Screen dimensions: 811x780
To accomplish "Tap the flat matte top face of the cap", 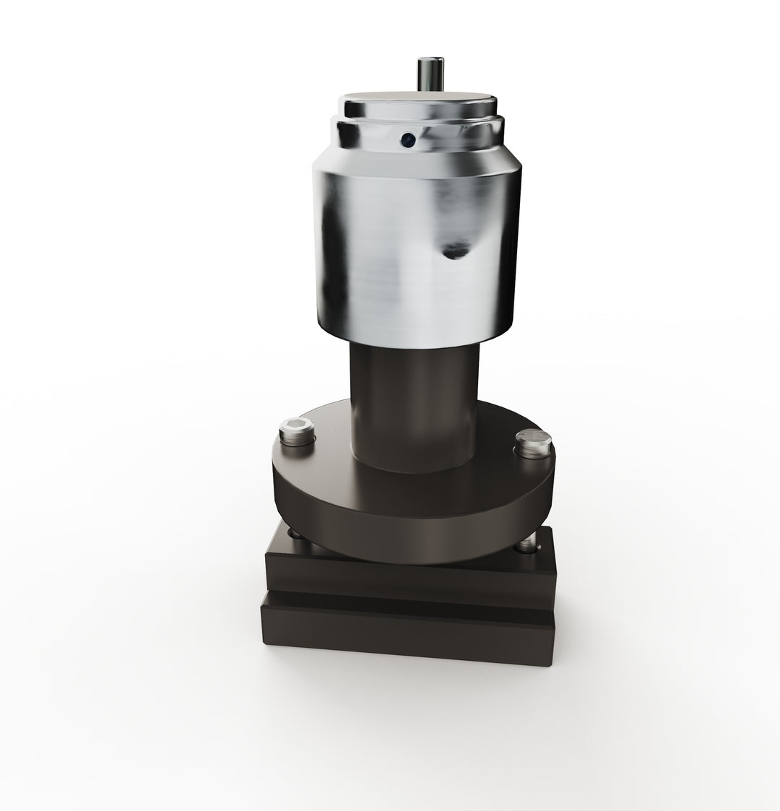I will (419, 100).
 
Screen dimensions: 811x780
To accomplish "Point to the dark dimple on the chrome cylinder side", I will (454, 251).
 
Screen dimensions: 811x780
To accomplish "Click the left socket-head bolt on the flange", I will (297, 432).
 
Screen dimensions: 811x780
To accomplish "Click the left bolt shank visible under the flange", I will (294, 534).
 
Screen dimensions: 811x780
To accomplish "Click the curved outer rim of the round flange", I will (412, 534).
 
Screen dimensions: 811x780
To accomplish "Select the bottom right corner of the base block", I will (552, 663).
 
